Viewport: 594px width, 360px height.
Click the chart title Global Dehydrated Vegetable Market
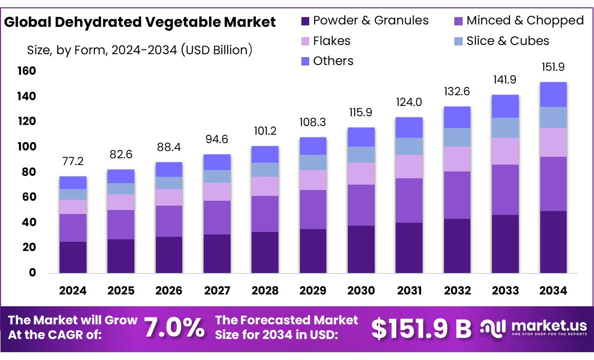coord(140,22)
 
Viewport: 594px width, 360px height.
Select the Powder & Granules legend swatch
coord(305,21)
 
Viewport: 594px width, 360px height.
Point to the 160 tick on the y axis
coord(27,71)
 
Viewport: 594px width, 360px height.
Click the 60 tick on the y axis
coord(30,197)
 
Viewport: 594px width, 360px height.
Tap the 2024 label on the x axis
coord(73,291)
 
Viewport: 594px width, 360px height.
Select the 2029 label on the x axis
coord(313,291)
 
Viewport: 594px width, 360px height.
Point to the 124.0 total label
coord(409,103)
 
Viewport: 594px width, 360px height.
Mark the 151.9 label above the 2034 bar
coord(553,67)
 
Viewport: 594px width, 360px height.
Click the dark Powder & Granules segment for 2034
coord(553,242)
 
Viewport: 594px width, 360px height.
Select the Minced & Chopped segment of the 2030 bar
coord(361,205)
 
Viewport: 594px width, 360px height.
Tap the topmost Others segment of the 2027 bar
coord(217,162)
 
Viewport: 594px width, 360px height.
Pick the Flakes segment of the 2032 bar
coord(457,159)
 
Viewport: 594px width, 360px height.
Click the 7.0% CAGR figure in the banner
coord(174,328)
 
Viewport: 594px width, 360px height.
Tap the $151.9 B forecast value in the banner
coord(421,329)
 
